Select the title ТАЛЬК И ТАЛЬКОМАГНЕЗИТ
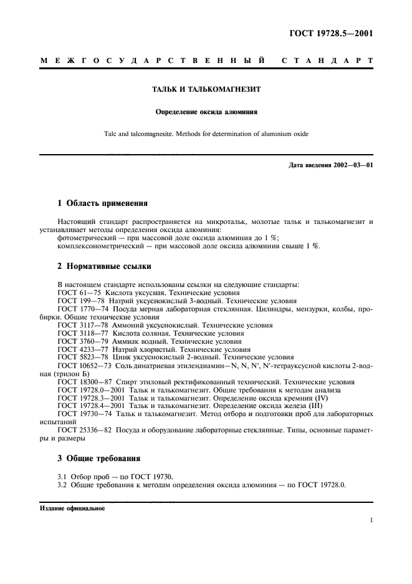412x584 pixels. pyautogui.click(x=206, y=89)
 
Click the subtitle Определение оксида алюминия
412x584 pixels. pyautogui.click(x=206, y=112)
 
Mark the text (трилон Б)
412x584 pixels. pyautogui.click(x=63, y=373)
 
